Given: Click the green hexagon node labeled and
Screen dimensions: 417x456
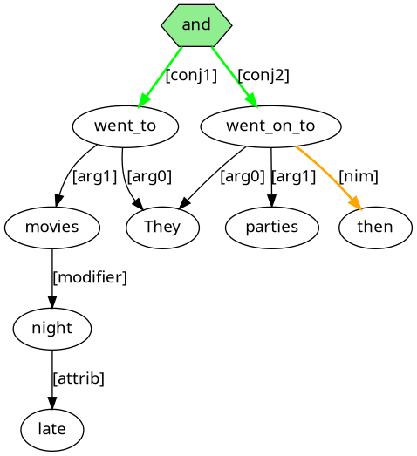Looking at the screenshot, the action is pyautogui.click(x=196, y=25).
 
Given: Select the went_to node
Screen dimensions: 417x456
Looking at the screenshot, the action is pyautogui.click(x=126, y=126).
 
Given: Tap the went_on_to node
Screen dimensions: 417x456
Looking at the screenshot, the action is pyautogui.click(x=270, y=126).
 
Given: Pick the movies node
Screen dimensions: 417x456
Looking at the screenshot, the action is pyautogui.click(x=52, y=228).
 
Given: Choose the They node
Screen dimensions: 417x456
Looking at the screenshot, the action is pyautogui.click(x=162, y=228).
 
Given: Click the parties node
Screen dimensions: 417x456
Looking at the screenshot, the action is pyautogui.click(x=272, y=228).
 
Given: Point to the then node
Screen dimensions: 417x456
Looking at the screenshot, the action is pyautogui.click(x=375, y=228).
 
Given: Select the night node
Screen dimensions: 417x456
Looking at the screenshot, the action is pyautogui.click(x=52, y=329).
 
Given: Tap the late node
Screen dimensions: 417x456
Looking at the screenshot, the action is pyautogui.click(x=52, y=430).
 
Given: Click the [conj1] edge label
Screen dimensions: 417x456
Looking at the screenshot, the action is pyautogui.click(x=191, y=76).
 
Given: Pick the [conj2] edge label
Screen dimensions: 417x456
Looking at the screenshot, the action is pyautogui.click(x=263, y=76).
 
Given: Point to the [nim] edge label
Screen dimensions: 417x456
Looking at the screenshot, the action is pyautogui.click(x=359, y=176).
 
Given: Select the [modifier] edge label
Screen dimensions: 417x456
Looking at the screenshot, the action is pyautogui.click(x=90, y=278).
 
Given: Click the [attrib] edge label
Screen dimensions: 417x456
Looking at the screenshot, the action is pyautogui.click(x=79, y=379).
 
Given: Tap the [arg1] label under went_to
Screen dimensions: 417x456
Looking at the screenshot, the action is pyautogui.click(x=94, y=176).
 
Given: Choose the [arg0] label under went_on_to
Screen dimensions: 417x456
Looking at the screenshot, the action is pyautogui.click(x=243, y=176).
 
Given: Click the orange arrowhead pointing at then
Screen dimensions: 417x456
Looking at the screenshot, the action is pyautogui.click(x=356, y=203).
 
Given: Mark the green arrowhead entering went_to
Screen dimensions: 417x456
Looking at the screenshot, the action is pyautogui.click(x=144, y=100).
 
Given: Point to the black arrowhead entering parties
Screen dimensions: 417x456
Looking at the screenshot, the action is pyautogui.click(x=271, y=201).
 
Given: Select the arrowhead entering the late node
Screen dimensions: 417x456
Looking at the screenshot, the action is pyautogui.click(x=52, y=403).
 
